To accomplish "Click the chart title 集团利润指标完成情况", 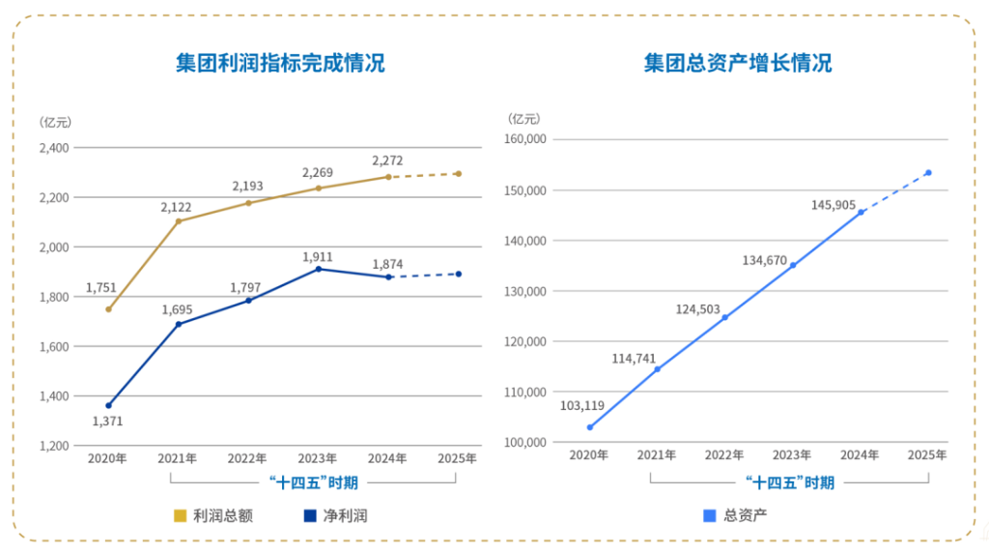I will click(280, 64).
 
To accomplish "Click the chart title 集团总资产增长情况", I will click(738, 64).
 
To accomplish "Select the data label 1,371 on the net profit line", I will click(107, 421).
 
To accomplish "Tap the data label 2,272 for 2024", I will click(387, 160).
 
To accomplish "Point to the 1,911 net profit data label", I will click(318, 257).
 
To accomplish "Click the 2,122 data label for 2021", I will click(177, 206).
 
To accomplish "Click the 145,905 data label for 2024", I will click(834, 204).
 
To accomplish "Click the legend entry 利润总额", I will click(213, 515).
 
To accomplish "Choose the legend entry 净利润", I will click(335, 515).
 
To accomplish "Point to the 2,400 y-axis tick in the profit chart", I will click(54, 148).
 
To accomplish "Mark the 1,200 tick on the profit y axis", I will click(54, 446).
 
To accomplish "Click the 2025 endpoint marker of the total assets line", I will click(928, 173).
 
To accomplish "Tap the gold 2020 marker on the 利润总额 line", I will click(108, 309).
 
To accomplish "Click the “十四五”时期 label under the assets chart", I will click(789, 481).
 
